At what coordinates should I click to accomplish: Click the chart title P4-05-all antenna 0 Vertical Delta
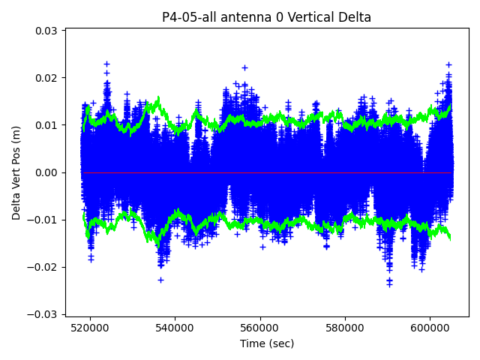pyautogui.click(x=266, y=17)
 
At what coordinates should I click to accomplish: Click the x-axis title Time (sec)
pyautogui.click(x=266, y=343)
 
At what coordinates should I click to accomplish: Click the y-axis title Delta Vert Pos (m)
pyautogui.click(x=16, y=172)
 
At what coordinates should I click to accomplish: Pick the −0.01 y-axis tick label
pyautogui.click(x=43, y=220)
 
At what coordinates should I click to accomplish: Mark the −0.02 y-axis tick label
pyautogui.click(x=43, y=267)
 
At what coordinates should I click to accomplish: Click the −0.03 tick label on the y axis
pyautogui.click(x=43, y=314)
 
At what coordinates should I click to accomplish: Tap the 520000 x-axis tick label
pyautogui.click(x=91, y=328)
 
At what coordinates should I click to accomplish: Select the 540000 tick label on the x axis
pyautogui.click(x=175, y=328)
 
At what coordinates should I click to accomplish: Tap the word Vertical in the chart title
pyautogui.click(x=317, y=17)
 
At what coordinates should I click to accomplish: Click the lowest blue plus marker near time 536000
pyautogui.click(x=160, y=280)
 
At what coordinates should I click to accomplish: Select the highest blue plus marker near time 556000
pyautogui.click(x=244, y=67)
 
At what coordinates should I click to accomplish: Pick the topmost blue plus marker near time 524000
pyautogui.click(x=106, y=64)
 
